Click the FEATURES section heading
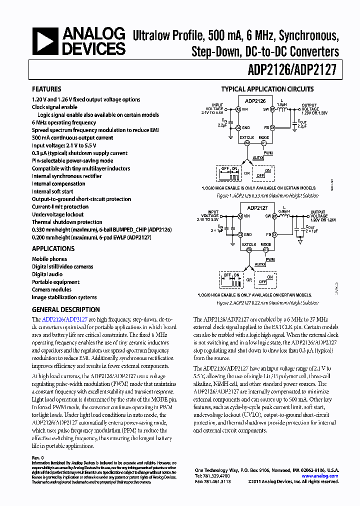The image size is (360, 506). tap(46, 89)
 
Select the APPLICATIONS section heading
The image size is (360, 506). tap(53, 248)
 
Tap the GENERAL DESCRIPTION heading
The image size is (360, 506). tap(65, 309)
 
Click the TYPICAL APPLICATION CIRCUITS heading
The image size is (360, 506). tap(267, 89)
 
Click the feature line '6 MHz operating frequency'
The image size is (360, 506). tap(64, 122)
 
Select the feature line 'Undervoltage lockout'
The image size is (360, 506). tap(58, 214)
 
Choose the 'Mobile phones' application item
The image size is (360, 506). tap(49, 259)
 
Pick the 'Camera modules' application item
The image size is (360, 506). tap(51, 289)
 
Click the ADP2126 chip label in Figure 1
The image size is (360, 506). tap(255, 101)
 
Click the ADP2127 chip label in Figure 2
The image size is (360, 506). tap(257, 208)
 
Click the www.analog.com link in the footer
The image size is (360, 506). tap(320, 476)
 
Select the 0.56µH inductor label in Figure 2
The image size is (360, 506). tap(285, 211)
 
